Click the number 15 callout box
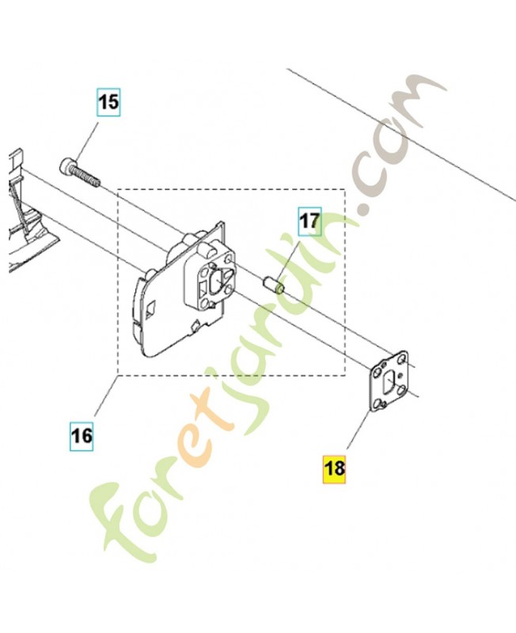tap(109, 102)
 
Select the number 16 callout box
tap(81, 434)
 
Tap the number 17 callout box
tap(309, 221)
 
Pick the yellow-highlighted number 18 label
tap(335, 468)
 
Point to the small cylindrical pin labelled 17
tap(273, 282)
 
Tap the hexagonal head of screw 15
tap(66, 166)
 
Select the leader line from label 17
tap(294, 252)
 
